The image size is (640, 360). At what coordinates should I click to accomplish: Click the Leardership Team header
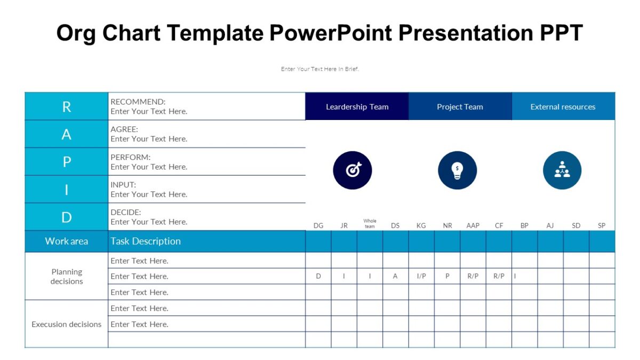(357, 107)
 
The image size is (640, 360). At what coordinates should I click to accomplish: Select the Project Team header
(460, 107)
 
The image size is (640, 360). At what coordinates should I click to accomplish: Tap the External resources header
(563, 107)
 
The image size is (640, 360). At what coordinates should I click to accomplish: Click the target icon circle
(353, 170)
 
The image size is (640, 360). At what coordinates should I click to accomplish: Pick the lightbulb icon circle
(457, 170)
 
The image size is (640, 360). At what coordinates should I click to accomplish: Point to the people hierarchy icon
(562, 170)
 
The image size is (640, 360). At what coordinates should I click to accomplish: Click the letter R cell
(67, 107)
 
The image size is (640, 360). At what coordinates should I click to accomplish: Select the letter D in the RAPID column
(67, 217)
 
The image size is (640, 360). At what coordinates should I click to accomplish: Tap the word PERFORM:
(130, 157)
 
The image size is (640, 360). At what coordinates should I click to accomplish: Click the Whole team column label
(370, 223)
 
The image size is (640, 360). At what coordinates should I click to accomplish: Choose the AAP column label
(473, 226)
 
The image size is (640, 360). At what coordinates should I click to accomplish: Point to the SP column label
(602, 226)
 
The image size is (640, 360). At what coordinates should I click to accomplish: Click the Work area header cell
(67, 241)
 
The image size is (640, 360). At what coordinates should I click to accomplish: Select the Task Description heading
(146, 241)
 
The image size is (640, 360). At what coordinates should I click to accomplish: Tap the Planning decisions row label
(67, 276)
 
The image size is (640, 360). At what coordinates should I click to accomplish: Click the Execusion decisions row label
(67, 324)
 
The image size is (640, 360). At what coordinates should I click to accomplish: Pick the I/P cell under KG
(421, 276)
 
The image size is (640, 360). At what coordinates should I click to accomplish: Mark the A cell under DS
(395, 276)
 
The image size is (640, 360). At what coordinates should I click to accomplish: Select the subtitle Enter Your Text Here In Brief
(319, 69)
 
